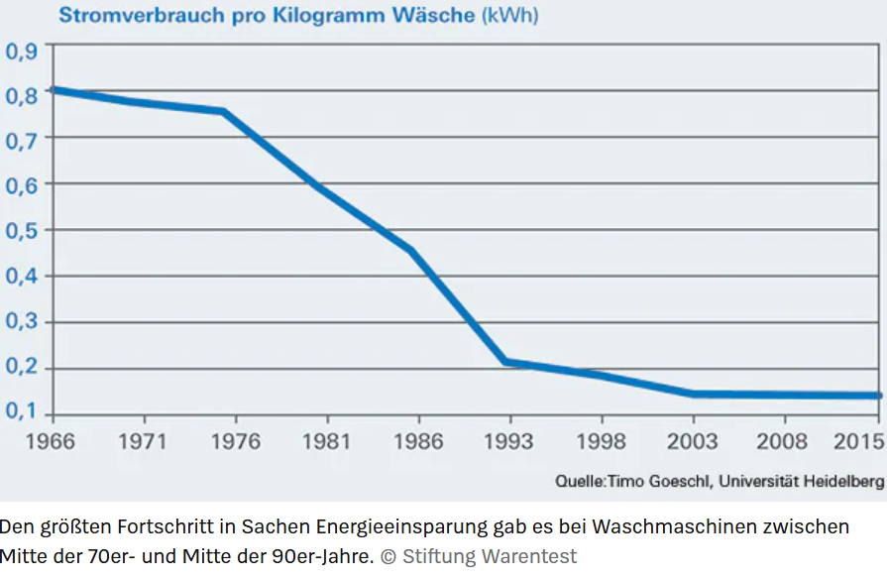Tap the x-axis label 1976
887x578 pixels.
[237, 441]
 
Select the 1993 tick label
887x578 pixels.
[510, 441]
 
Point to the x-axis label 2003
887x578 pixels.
[692, 441]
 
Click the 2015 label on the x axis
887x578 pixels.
[857, 441]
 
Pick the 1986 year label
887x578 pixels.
[419, 441]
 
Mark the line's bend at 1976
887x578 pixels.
[225, 111]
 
